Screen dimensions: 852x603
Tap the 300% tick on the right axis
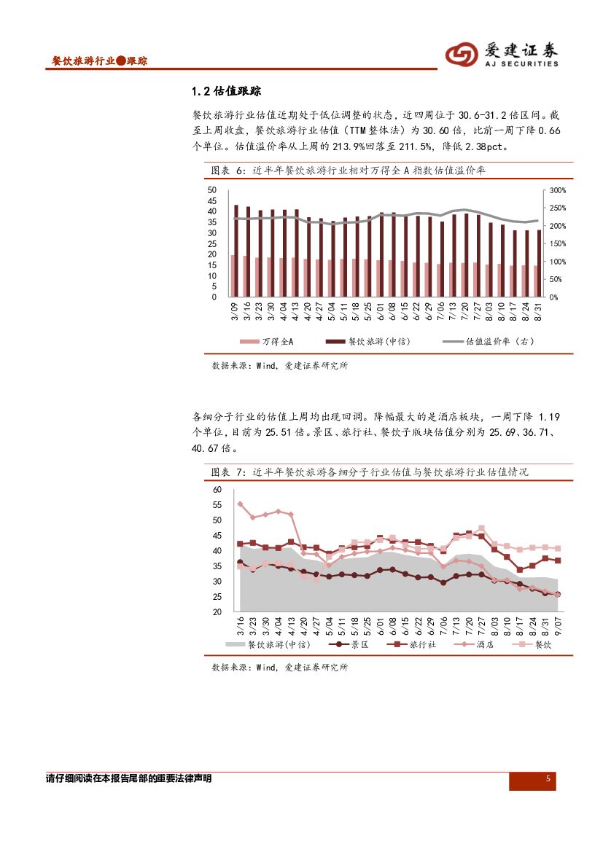tap(557, 190)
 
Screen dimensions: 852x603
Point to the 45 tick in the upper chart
tap(212, 200)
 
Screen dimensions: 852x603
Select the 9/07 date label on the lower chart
tap(558, 625)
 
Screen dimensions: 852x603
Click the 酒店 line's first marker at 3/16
tap(240, 504)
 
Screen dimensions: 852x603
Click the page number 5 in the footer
tap(548, 780)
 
